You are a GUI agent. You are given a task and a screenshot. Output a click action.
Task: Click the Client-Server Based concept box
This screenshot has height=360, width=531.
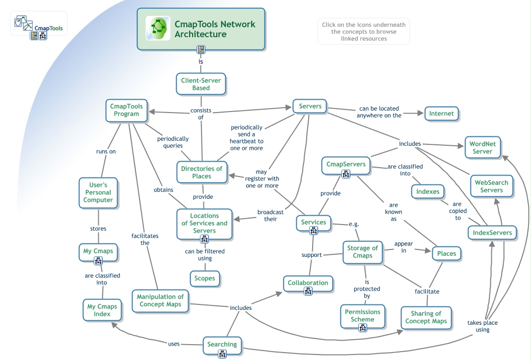[201, 84]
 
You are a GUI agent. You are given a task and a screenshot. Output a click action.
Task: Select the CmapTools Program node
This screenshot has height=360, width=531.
[127, 110]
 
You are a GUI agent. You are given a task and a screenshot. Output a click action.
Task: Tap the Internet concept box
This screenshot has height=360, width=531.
[441, 114]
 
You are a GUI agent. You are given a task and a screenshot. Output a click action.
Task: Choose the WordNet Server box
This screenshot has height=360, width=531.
[482, 148]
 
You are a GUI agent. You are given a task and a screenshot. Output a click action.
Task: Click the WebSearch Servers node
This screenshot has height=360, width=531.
[491, 186]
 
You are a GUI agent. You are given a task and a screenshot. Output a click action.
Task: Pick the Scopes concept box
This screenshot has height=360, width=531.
[204, 278]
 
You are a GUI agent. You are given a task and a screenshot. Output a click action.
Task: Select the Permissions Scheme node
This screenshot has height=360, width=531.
[362, 316]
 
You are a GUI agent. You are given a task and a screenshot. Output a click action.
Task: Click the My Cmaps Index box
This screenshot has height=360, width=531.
[102, 310]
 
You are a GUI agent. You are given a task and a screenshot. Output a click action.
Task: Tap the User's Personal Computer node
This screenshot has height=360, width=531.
[98, 192]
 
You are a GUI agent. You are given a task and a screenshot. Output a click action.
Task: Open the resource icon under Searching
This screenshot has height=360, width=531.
[222, 354]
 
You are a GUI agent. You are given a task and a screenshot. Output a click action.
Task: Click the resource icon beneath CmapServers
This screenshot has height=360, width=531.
[346, 174]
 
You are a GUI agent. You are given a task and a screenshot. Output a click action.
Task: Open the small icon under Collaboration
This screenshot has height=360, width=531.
[308, 292]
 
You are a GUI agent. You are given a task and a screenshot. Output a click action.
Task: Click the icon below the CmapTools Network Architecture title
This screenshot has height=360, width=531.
[201, 50]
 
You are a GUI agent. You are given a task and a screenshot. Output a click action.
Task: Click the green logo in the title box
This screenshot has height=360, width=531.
[158, 29]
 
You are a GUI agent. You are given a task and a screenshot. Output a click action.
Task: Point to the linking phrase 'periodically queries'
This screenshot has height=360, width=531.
[173, 142]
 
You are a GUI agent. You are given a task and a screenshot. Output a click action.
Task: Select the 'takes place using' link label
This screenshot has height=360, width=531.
[482, 326]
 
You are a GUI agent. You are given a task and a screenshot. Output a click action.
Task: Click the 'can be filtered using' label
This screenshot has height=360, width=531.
[204, 254]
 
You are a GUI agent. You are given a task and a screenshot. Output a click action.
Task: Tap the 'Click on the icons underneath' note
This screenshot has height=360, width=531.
[364, 31]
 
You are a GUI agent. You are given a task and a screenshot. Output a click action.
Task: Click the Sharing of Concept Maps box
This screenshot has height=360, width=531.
[426, 317]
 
